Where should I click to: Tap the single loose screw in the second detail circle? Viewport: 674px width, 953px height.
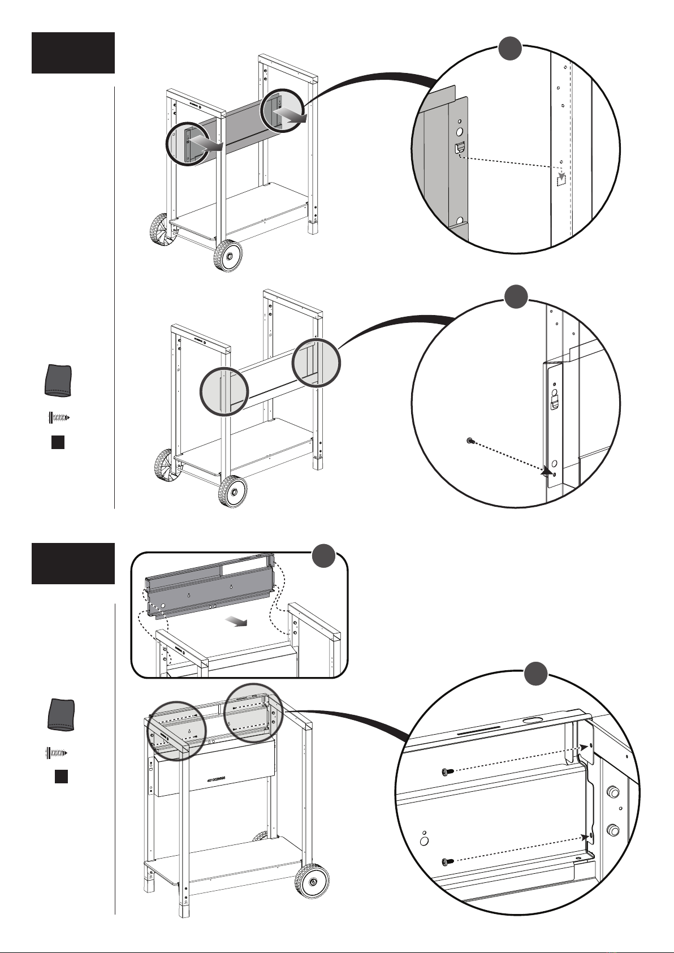(470, 441)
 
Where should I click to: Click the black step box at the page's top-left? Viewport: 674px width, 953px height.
(73, 53)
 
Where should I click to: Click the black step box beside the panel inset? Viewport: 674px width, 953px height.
(73, 563)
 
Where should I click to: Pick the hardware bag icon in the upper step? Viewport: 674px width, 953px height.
(58, 380)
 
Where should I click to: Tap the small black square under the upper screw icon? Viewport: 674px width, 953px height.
(57, 442)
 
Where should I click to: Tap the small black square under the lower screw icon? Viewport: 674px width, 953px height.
(61, 776)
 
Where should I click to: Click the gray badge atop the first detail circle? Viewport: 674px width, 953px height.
(509, 50)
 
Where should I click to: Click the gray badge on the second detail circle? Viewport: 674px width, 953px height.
(516, 296)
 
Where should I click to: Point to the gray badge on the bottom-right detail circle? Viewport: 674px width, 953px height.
(535, 674)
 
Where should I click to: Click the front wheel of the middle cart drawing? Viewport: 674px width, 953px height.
(233, 492)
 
